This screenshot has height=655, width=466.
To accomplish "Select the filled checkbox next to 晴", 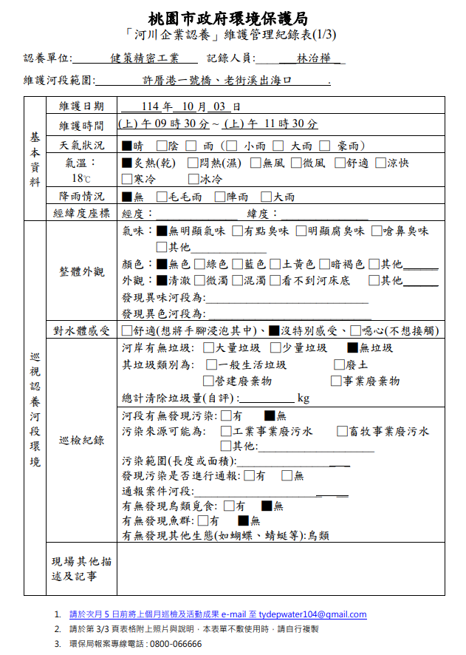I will (x=127, y=146).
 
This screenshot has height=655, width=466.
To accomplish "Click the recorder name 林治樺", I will (x=312, y=58).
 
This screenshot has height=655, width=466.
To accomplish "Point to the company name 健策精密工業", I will (x=145, y=58).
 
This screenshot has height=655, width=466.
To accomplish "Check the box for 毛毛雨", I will (x=162, y=197).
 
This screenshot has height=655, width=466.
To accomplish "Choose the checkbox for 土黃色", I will (x=275, y=264).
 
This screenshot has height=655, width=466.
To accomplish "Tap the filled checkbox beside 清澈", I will (x=162, y=280).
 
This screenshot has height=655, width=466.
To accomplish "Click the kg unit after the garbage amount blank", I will (x=303, y=398).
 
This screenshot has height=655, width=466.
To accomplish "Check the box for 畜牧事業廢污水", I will (x=342, y=431).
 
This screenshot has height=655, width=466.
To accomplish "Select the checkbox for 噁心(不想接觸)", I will (x=357, y=330).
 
